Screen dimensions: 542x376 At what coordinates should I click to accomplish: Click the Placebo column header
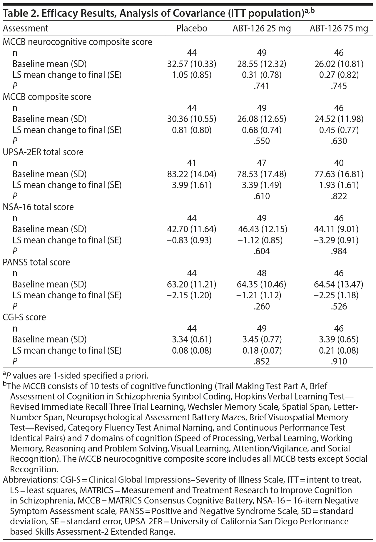(192, 29)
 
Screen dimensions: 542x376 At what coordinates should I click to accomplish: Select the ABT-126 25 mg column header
(262, 29)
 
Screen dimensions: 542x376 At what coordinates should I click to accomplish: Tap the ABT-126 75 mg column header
(339, 29)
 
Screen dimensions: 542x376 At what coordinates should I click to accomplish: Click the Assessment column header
(25, 29)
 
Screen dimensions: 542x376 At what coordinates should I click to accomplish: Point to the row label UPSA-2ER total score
(43, 152)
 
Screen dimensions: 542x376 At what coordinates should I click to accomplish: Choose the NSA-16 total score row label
(38, 207)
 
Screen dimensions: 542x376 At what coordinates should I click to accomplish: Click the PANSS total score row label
(36, 262)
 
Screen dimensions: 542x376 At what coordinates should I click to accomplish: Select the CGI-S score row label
(24, 317)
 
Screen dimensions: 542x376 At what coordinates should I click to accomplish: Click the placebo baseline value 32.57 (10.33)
(192, 64)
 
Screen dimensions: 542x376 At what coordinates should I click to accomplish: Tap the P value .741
(262, 86)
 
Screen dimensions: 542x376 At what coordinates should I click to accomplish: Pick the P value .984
(339, 251)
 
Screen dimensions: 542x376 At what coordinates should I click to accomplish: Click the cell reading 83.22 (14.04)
(192, 174)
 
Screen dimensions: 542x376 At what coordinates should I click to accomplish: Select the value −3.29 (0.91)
(339, 240)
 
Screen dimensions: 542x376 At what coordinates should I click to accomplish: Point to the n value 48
(262, 273)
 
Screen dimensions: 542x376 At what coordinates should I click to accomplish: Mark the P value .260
(262, 307)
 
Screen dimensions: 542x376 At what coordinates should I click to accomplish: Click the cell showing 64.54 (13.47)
(339, 285)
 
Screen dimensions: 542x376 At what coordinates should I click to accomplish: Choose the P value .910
(339, 361)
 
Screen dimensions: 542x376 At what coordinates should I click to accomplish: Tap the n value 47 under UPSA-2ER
(262, 163)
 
